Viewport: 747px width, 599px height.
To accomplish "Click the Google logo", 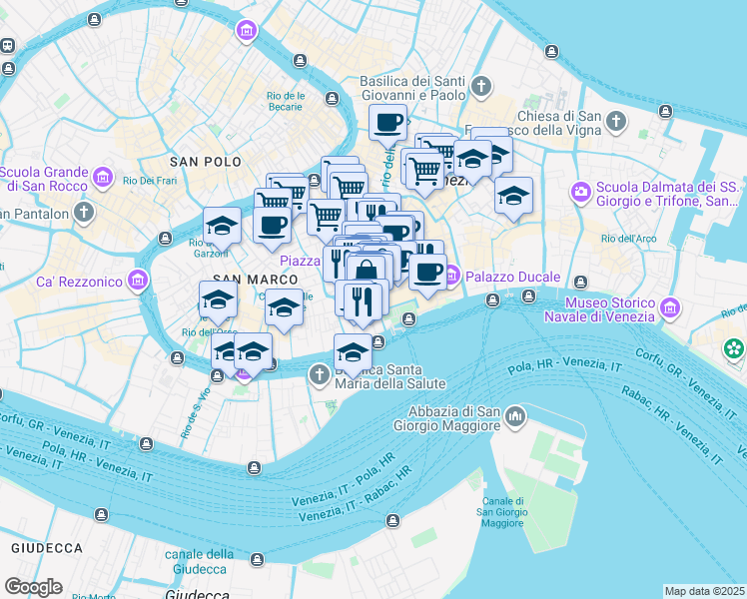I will [x=33, y=587].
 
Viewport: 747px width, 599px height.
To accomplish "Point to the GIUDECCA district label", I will [x=46, y=548].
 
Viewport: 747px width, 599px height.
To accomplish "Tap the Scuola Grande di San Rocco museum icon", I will [x=102, y=178].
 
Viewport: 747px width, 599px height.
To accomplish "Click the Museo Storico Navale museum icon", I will [x=670, y=309].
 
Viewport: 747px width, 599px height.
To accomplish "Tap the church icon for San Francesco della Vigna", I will [x=616, y=122].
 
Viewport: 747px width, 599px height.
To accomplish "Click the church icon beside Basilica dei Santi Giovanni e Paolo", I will [x=481, y=87].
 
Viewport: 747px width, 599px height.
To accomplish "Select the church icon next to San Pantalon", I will [x=84, y=213].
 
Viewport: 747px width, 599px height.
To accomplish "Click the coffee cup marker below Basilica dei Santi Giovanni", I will [x=387, y=124].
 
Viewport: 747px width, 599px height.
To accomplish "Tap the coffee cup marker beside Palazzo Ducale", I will [x=428, y=272].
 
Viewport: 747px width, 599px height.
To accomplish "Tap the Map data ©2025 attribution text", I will [x=705, y=591].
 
